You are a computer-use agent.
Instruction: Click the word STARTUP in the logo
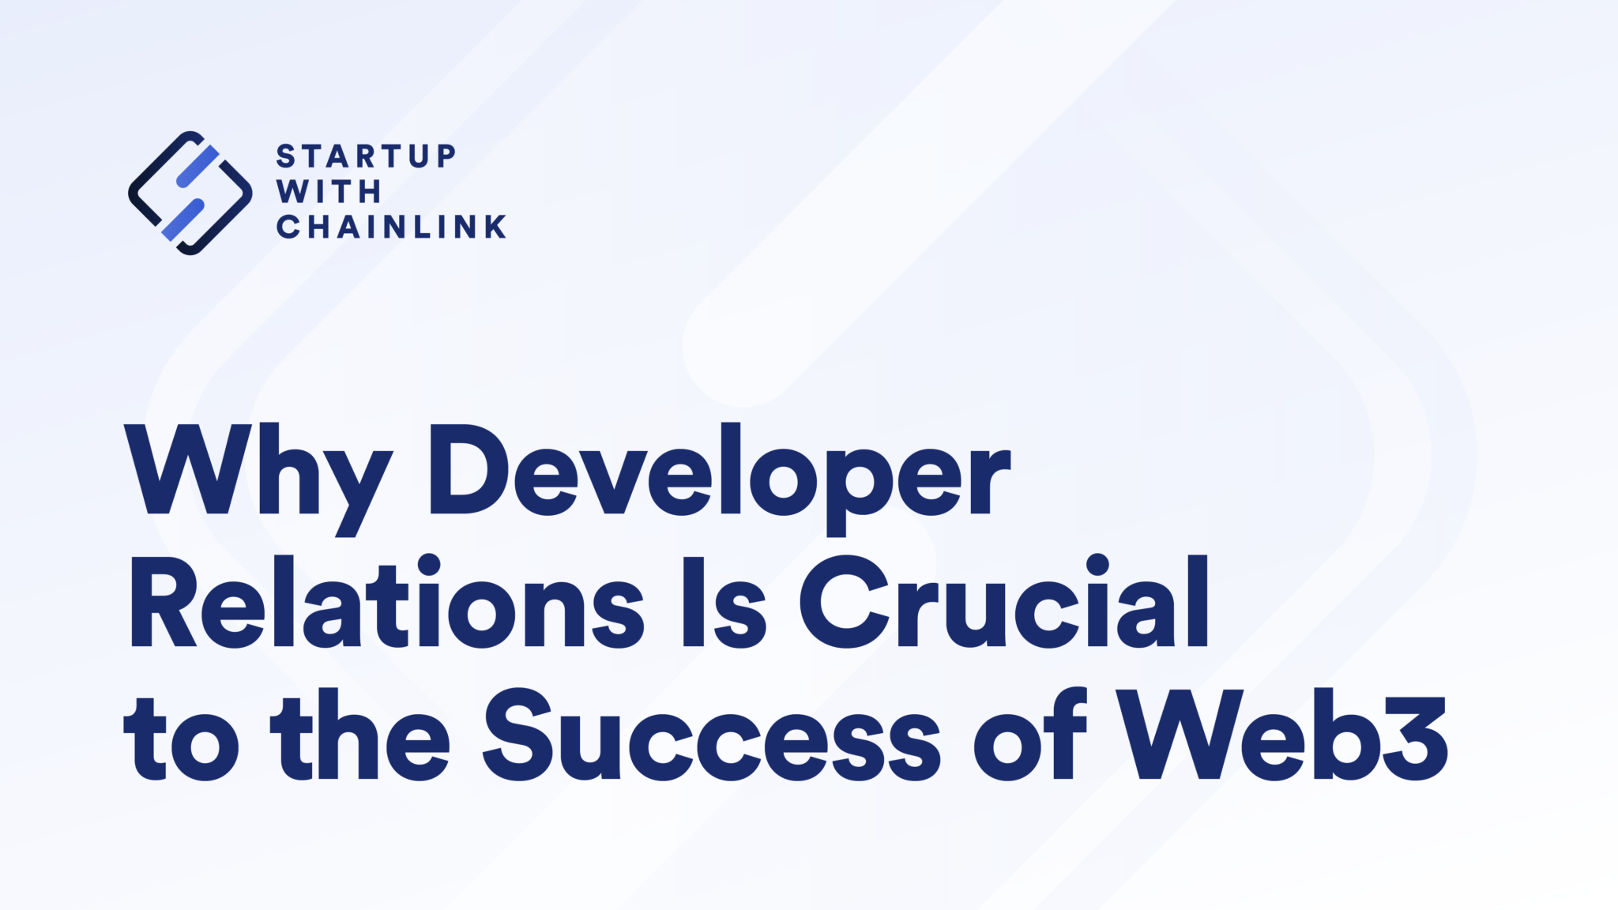366,156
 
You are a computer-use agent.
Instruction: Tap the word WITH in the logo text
329,191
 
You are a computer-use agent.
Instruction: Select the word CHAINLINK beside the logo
391,227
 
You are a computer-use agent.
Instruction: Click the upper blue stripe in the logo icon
198,166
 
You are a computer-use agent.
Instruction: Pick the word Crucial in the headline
1004,604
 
